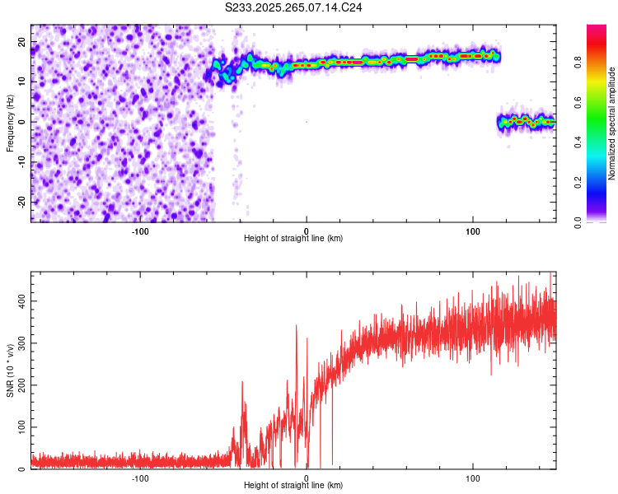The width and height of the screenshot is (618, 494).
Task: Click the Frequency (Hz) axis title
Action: pos(10,122)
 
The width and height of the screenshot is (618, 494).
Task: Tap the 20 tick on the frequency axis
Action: pos(22,41)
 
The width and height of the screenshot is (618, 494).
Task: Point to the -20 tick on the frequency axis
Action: pos(21,202)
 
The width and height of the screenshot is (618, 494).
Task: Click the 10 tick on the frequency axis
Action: pos(22,82)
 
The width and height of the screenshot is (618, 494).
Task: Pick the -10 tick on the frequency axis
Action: pos(21,162)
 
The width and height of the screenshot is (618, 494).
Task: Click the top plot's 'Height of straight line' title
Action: pos(293,239)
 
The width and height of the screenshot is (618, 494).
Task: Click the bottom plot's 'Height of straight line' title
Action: pos(293,486)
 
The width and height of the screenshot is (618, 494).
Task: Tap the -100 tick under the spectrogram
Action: pos(139,231)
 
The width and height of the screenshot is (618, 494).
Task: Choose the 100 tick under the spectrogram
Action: pos(473,231)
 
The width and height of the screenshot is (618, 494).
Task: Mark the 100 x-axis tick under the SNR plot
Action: pos(473,478)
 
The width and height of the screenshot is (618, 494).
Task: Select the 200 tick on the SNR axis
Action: pos(20,385)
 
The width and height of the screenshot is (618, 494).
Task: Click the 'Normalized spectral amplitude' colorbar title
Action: pos(611,123)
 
